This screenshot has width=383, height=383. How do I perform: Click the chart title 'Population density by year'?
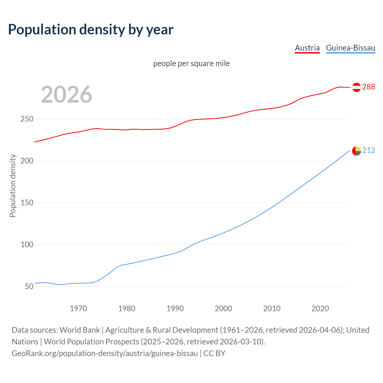coord(91,30)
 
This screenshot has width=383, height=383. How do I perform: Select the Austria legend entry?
coord(307,48)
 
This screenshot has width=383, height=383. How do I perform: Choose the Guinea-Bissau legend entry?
coord(350,48)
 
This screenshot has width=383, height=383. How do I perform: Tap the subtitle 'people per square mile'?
coord(191,63)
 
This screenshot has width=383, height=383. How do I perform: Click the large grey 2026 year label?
coord(66,95)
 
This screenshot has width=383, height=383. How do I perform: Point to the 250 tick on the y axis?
coord(27,119)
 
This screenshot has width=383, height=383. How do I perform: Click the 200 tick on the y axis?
coord(27,161)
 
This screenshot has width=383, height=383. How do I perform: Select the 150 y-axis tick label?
coord(27,203)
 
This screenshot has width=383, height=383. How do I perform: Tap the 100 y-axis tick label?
coord(27,245)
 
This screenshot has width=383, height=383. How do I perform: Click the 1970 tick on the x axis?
coord(78,308)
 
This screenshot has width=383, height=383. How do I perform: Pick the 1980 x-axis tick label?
coord(127,308)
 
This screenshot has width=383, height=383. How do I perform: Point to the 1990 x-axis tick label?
coord(175,308)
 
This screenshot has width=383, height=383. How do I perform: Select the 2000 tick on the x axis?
coord(224,308)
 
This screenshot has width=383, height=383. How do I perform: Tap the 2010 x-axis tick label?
coord(272,308)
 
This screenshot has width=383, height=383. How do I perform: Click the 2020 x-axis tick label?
coord(320,308)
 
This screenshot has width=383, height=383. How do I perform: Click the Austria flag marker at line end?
coord(356,87)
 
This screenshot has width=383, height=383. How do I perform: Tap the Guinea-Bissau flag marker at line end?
coord(356,151)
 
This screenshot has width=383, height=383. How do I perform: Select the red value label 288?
coord(369,87)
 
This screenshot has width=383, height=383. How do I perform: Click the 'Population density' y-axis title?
coord(13,186)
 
